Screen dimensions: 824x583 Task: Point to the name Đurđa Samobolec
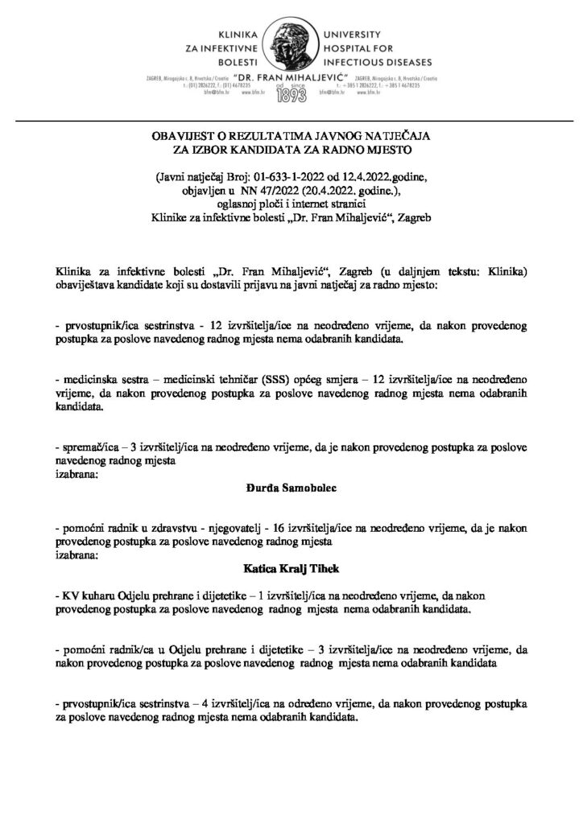291,487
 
